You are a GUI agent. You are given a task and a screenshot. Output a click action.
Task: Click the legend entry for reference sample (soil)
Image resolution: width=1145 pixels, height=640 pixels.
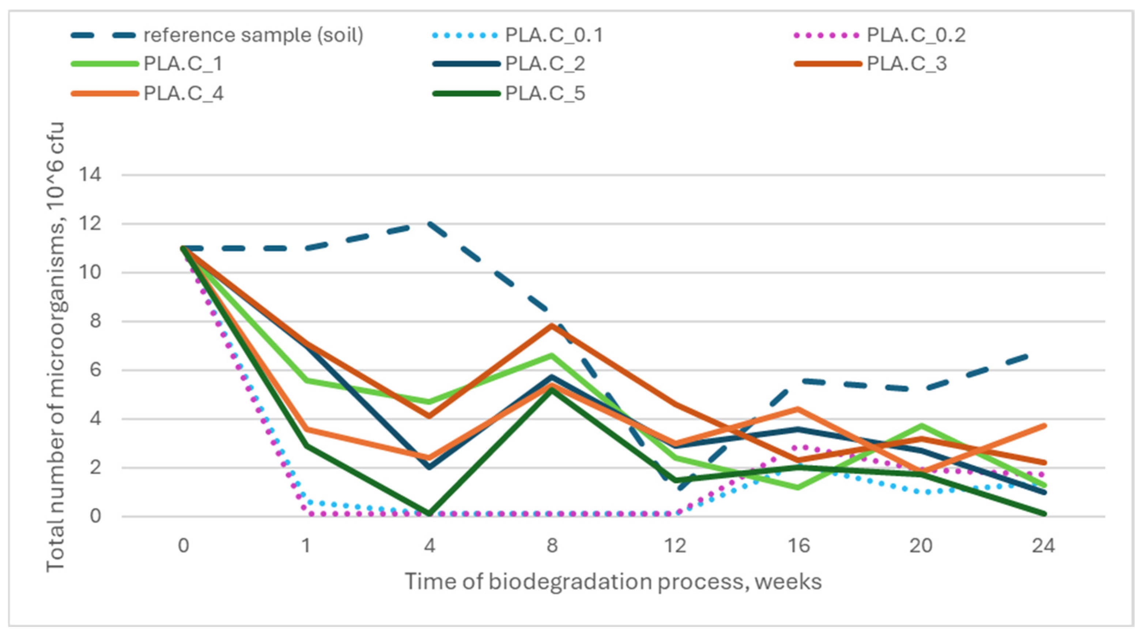(x=253, y=35)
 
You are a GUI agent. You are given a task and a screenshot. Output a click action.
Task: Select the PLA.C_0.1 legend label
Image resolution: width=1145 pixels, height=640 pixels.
(x=554, y=35)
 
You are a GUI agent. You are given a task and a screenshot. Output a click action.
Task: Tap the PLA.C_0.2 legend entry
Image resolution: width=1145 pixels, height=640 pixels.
(x=916, y=35)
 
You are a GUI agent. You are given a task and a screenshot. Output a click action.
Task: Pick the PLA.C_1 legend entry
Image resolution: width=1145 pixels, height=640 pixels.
(x=183, y=64)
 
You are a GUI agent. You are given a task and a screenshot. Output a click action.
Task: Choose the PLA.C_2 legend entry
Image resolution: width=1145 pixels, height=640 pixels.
(x=545, y=64)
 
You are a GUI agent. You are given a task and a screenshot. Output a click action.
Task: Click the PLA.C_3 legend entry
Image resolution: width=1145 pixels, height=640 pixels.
(x=907, y=64)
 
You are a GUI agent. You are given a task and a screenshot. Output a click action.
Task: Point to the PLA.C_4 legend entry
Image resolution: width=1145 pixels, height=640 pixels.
(x=183, y=93)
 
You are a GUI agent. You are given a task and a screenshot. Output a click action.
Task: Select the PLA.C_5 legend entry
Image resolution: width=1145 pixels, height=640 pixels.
(x=545, y=93)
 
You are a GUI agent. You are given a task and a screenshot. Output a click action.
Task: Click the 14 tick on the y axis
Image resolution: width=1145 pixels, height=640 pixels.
(x=90, y=175)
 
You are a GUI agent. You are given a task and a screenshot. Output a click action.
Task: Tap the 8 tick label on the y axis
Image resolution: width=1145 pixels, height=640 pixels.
(x=95, y=321)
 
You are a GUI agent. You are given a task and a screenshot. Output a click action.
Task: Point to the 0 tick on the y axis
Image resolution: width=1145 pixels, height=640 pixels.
(x=95, y=516)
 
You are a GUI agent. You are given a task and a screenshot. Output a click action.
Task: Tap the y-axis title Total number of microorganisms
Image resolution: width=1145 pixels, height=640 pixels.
(x=56, y=347)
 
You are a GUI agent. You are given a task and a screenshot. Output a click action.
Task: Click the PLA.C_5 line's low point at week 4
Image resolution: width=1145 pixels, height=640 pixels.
(x=429, y=514)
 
